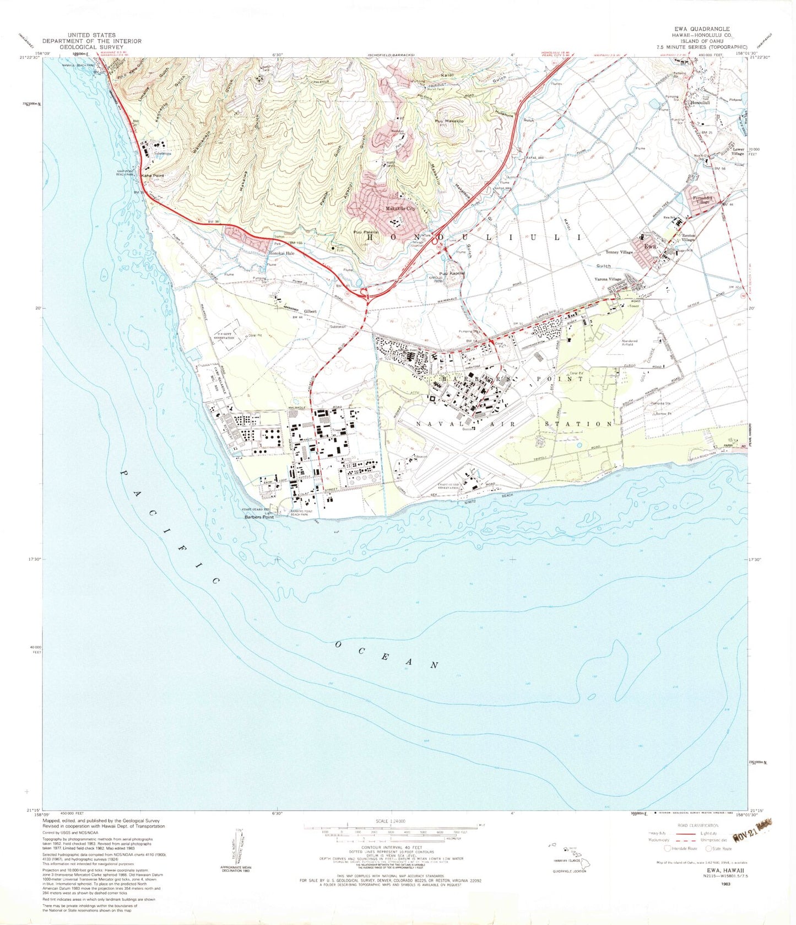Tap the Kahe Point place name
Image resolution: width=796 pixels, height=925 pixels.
[153, 176]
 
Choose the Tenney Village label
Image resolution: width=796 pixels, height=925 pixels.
[619, 252]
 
